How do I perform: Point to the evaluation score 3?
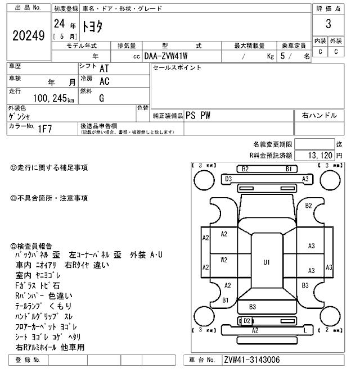[328, 24]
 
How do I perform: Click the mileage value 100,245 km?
[53, 98]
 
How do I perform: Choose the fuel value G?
[102, 98]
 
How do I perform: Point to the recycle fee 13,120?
[319, 155]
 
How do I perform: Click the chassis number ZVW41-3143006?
[252, 360]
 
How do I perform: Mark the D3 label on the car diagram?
[228, 179]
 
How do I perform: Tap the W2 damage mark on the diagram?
[224, 260]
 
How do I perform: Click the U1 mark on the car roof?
[267, 262]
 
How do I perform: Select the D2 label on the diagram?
[246, 321]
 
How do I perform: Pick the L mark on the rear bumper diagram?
[305, 330]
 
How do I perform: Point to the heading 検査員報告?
[34, 246]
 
